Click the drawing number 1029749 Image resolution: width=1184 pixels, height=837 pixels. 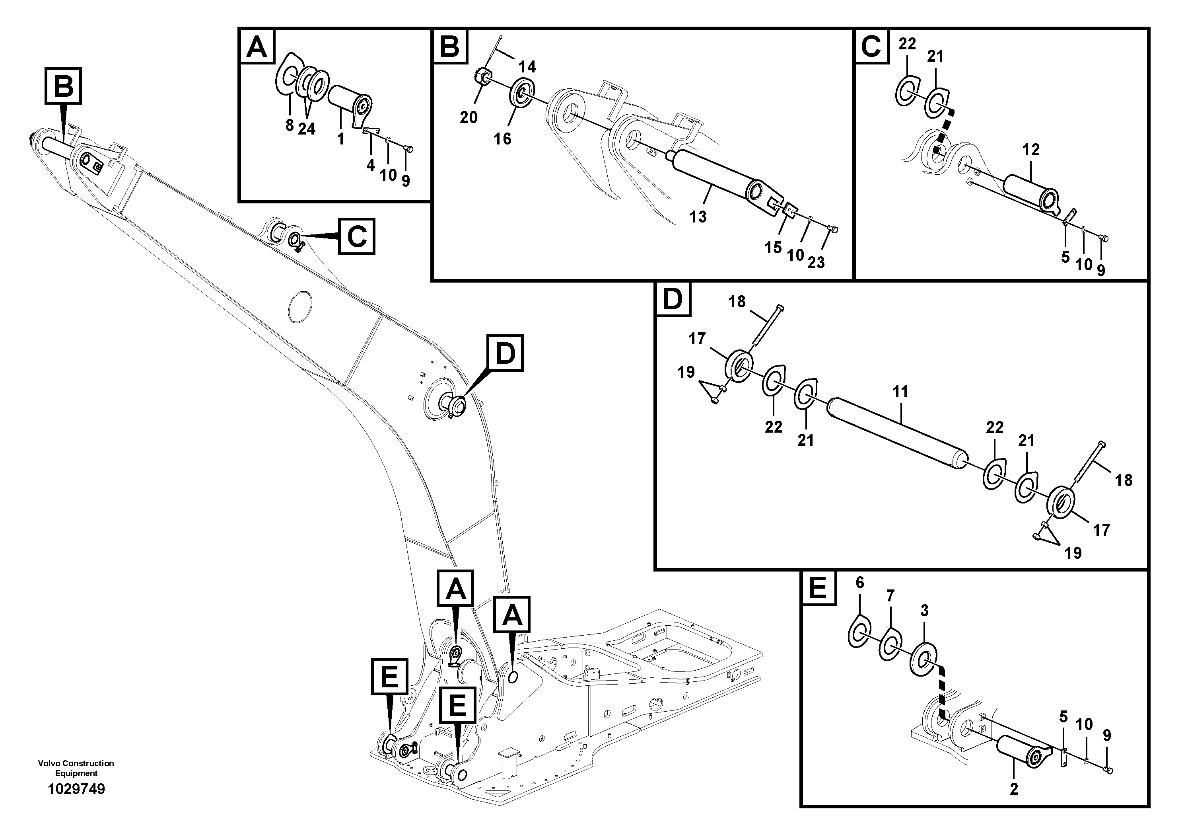[x=76, y=789]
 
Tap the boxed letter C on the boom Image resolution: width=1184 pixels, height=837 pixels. [x=356, y=236]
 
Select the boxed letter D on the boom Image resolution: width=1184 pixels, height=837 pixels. [x=505, y=353]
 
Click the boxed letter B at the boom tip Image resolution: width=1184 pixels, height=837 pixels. [x=63, y=86]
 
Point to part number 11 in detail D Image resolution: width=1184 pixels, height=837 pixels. [x=900, y=392]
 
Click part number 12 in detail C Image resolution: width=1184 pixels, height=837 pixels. [x=1030, y=150]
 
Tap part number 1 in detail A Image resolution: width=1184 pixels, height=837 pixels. [x=340, y=139]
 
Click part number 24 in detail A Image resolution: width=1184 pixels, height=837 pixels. [x=306, y=129]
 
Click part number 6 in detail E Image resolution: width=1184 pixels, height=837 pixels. [x=859, y=582]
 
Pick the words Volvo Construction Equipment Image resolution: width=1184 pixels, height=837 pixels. [x=76, y=768]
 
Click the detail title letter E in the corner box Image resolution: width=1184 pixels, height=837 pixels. [x=818, y=588]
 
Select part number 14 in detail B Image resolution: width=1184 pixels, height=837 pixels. [x=527, y=66]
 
